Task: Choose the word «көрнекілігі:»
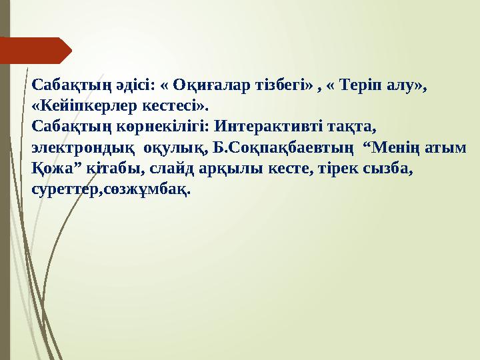point(160,125)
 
